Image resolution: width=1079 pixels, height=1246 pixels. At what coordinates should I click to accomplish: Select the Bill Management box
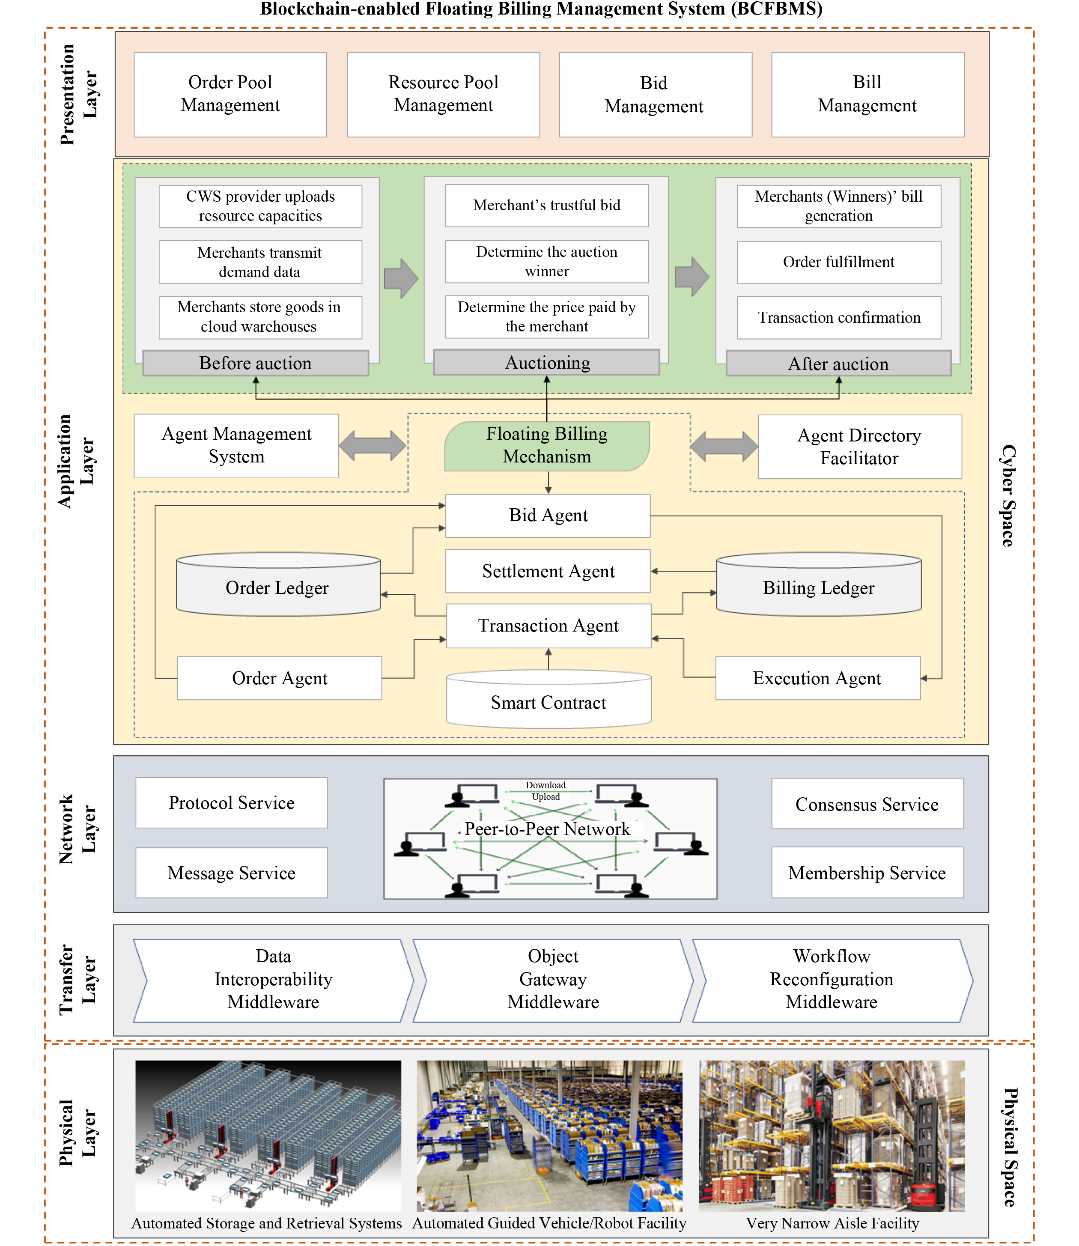[x=867, y=95]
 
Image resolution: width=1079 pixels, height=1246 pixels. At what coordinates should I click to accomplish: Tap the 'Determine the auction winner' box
[x=547, y=261]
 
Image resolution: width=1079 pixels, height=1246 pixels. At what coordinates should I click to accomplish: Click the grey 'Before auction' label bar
[x=255, y=363]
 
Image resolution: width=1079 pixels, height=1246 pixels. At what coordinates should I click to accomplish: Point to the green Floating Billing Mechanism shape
[x=547, y=446]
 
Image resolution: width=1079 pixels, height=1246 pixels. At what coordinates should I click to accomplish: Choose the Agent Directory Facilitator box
[x=859, y=447]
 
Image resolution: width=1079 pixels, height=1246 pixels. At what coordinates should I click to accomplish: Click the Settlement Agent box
[x=548, y=571]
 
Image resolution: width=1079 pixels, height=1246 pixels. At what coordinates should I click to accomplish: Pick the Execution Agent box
[x=817, y=678]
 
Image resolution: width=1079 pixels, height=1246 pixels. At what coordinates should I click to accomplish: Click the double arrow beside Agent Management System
[x=373, y=446]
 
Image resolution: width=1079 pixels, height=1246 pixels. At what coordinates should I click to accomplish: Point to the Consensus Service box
[x=867, y=804]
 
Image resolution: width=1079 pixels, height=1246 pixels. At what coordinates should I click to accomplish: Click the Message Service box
[x=232, y=873]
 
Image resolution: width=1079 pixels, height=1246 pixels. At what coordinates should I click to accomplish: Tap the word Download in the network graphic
[x=545, y=785]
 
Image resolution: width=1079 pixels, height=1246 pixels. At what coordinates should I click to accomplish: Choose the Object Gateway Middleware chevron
[x=553, y=979]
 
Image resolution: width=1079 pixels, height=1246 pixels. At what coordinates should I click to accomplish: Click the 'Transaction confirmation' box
[x=839, y=317]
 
